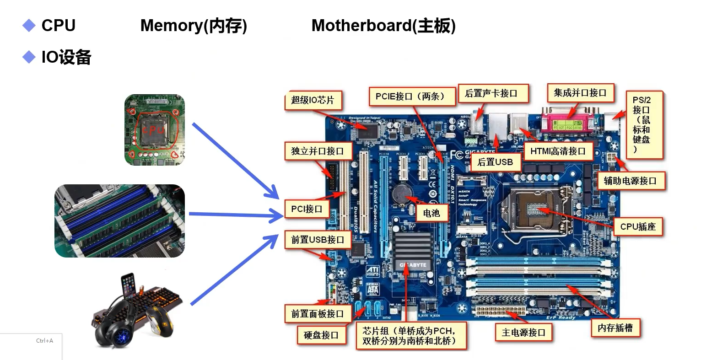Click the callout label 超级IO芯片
[x=313, y=100]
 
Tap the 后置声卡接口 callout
[x=491, y=94]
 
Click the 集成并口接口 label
[x=580, y=93]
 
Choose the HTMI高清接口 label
[x=558, y=151]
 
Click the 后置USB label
[x=495, y=162]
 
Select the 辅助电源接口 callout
[x=630, y=181]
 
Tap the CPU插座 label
[x=638, y=226]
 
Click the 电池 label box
[x=431, y=213]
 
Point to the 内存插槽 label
[x=615, y=328]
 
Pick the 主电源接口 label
[x=523, y=333]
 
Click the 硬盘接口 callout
[x=321, y=335]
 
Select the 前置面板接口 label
[x=317, y=314]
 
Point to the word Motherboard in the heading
[x=361, y=26]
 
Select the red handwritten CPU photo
[x=155, y=129]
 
